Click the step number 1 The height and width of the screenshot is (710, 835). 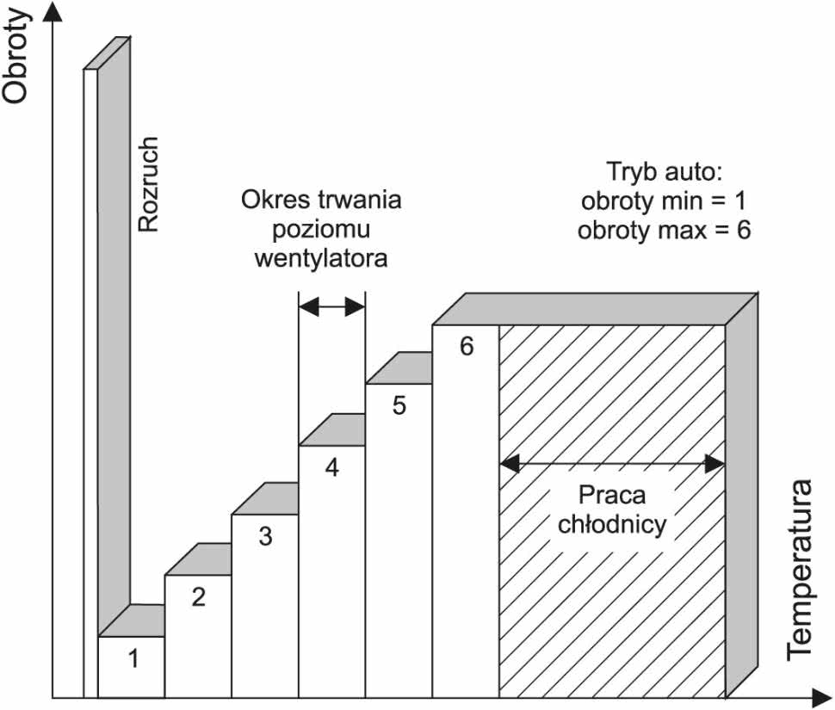[x=133, y=658]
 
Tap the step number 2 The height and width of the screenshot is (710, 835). [x=199, y=596]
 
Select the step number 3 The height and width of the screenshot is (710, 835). [x=266, y=536]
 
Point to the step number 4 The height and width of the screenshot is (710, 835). [x=332, y=467]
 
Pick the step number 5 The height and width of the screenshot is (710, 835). [x=399, y=405]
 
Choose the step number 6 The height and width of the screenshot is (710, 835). [x=467, y=346]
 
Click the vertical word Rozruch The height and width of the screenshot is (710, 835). [x=148, y=184]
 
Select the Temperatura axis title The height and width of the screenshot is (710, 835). [x=801, y=570]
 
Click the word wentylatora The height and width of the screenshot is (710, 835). [x=321, y=259]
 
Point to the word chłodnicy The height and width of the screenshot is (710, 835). [x=612, y=524]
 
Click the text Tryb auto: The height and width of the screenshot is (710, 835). [x=664, y=171]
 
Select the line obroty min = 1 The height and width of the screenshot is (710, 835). [x=664, y=201]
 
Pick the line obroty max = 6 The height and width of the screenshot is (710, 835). [x=664, y=231]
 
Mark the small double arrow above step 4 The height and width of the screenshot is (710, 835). [x=332, y=306]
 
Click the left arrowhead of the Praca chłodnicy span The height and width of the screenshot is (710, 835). [x=510, y=464]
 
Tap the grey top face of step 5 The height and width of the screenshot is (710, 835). [x=399, y=367]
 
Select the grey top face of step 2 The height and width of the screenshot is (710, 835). [x=199, y=559]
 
